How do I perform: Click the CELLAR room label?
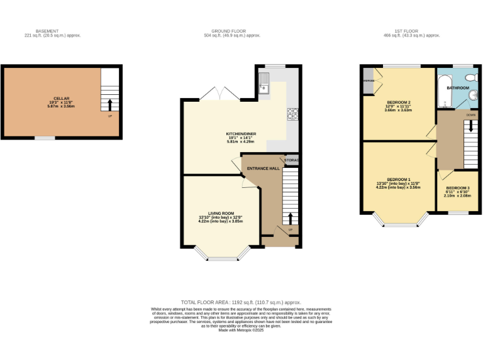[61, 99]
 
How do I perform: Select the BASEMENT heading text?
[47, 31]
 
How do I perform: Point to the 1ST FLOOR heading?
[406, 31]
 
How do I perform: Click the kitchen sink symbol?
[265, 84]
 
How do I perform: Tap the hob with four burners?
[292, 114]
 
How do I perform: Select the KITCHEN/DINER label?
[241, 134]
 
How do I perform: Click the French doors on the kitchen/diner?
[219, 94]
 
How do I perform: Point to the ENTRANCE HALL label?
[263, 168]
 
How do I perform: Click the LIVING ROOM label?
[220, 213]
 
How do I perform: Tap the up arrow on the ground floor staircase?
[290, 219]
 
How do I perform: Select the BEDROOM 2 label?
[399, 102]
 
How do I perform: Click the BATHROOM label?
[457, 88]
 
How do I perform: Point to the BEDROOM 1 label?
[399, 179]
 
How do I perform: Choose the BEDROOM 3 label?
[457, 188]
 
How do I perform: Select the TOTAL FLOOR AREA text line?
[241, 302]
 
